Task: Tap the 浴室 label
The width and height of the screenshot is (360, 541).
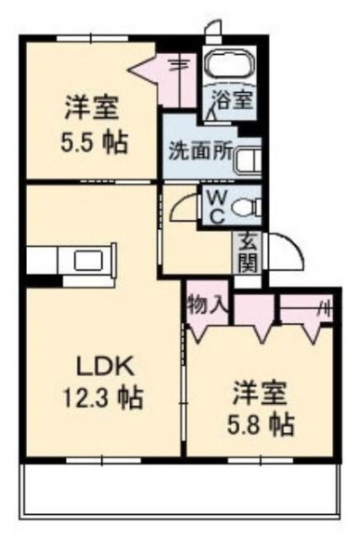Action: tap(232, 99)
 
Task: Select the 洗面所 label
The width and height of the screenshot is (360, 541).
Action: tap(200, 151)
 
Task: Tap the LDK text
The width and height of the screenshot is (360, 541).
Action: tap(106, 369)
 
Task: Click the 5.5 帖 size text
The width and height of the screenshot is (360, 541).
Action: tap(94, 142)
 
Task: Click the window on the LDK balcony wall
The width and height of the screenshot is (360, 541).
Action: tap(103, 460)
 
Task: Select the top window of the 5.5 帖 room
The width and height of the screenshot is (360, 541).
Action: tap(92, 37)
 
